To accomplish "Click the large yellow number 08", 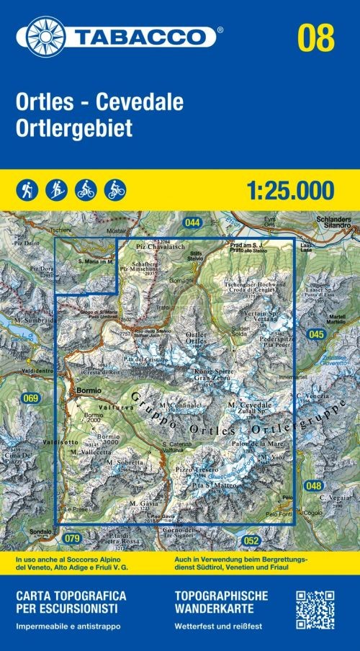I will [x=317, y=36].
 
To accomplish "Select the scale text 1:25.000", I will [x=289, y=190].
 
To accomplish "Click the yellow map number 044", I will [x=192, y=222].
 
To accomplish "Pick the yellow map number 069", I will [x=30, y=398].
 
